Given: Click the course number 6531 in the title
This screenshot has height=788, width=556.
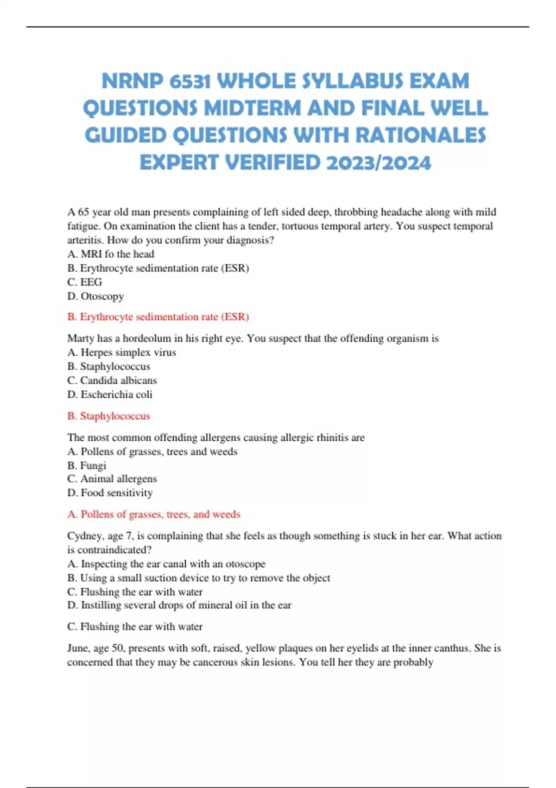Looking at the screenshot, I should coord(190,81).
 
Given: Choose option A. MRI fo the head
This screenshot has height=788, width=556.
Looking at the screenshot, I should coord(111,254).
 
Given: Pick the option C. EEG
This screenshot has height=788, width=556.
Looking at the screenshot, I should coord(85,282).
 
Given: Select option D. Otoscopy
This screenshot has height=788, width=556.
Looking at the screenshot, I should coord(95,296).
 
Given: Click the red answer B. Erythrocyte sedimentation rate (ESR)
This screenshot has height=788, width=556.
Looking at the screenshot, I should coord(158,317).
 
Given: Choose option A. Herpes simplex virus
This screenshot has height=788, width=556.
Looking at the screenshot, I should coord(121,352).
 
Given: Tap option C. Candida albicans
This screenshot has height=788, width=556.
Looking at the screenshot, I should coord(112,380).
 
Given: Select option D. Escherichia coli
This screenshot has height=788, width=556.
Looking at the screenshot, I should coord(110,394).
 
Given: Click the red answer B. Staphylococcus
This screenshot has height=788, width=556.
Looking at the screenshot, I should coord(109,416).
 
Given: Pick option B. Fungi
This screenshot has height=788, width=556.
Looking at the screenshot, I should coord(87,465).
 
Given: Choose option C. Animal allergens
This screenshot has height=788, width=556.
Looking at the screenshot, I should coord(112,479).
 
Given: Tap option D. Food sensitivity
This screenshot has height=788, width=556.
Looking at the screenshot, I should coord(110,493).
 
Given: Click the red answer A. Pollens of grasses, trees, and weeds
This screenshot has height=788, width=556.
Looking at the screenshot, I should coord(154,514).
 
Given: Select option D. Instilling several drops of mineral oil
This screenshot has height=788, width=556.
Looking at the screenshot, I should coord(179,605).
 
